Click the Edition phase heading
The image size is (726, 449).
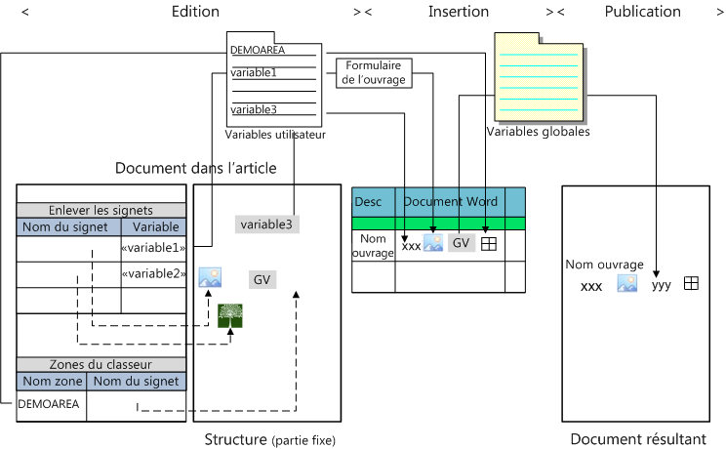[x=195, y=12]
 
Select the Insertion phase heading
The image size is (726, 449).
[x=459, y=12]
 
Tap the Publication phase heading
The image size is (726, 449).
[x=642, y=12]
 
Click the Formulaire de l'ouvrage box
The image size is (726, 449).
[x=374, y=73]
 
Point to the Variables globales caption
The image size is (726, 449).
[x=538, y=131]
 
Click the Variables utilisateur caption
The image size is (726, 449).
[x=275, y=135]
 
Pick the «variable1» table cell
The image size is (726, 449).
[x=152, y=248]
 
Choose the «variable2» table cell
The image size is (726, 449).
[x=152, y=273]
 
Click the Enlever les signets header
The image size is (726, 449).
[x=101, y=210]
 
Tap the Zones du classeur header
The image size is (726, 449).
[x=101, y=364]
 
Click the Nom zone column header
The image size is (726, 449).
[x=52, y=381]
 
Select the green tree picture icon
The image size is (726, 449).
[x=231, y=315]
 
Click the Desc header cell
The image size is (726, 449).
[x=369, y=202]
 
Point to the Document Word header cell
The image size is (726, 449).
[x=450, y=202]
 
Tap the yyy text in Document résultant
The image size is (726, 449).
[x=662, y=285]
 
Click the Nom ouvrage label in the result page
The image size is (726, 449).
[x=604, y=265]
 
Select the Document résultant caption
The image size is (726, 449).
[x=638, y=439]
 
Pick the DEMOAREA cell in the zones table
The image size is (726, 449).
[x=45, y=402]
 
